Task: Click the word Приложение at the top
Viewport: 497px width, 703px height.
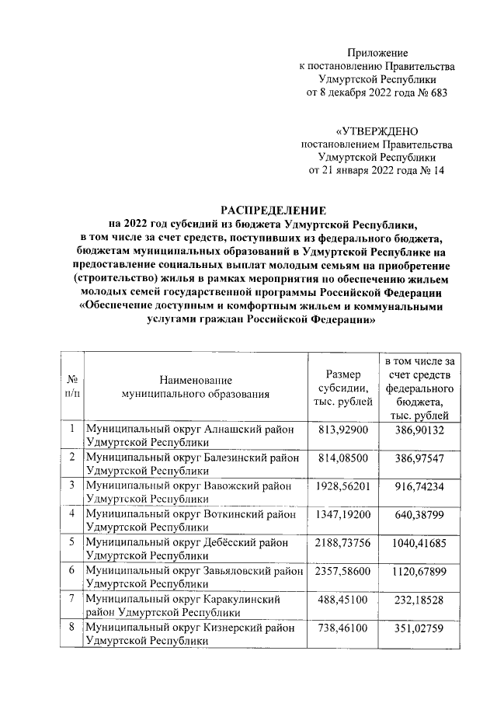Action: tap(378, 52)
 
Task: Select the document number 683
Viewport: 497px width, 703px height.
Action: tap(438, 93)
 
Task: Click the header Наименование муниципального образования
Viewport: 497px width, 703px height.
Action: tap(196, 387)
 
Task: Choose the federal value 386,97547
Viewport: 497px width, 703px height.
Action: tap(419, 460)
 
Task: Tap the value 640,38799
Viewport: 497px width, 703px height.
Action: tap(419, 514)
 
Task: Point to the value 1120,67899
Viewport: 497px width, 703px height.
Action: tap(419, 572)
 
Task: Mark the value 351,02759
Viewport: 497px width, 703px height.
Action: tap(419, 628)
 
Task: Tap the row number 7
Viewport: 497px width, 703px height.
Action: tap(71, 600)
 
